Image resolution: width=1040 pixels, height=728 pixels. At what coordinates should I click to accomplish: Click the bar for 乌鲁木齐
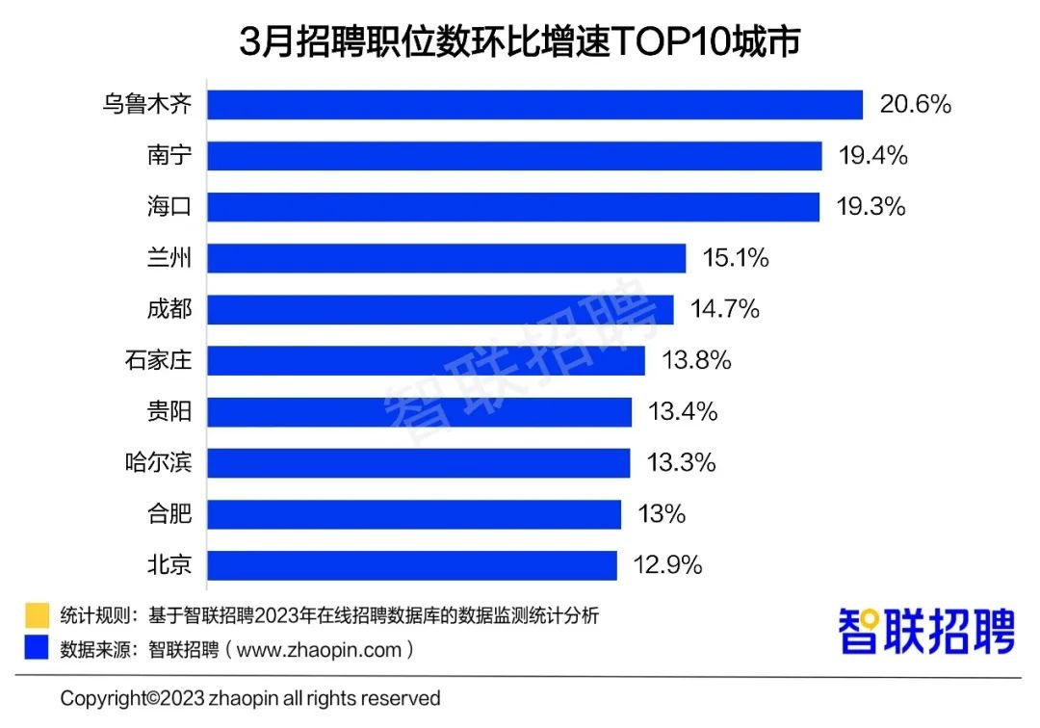pos(534,104)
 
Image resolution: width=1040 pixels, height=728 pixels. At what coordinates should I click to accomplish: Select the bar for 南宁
pos(514,155)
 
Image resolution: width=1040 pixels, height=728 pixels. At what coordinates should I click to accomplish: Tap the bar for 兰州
pos(446,258)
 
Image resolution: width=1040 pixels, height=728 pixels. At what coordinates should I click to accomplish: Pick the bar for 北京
pos(411,565)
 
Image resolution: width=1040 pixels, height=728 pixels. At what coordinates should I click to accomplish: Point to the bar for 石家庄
pos(426,360)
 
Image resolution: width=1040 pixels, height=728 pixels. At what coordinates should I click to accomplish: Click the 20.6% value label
pos(915,104)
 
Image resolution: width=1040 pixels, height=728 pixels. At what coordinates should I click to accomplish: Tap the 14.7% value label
pos(724,309)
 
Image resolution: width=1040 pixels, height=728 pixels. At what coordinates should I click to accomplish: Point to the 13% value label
pos(661,514)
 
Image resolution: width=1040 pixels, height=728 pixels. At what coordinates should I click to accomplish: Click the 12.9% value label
pos(666,565)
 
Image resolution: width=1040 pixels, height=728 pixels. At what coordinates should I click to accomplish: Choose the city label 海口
pos(169,207)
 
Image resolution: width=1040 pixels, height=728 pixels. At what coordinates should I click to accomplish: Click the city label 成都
pos(169,309)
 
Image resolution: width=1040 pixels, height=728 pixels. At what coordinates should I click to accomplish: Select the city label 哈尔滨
pos(159,463)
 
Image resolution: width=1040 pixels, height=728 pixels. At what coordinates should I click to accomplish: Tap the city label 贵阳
pos(169,412)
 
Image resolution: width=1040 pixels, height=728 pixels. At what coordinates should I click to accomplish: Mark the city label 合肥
pos(169,514)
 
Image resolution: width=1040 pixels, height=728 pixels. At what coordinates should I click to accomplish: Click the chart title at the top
pos(520,42)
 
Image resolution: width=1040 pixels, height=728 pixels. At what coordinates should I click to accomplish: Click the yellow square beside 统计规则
pos(38,615)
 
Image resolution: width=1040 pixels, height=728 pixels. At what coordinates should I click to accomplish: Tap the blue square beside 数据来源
pos(38,649)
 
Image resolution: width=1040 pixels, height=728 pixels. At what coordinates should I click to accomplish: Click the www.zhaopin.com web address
pos(318,650)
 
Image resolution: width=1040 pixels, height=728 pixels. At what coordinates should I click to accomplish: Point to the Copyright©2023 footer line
pos(250,698)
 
